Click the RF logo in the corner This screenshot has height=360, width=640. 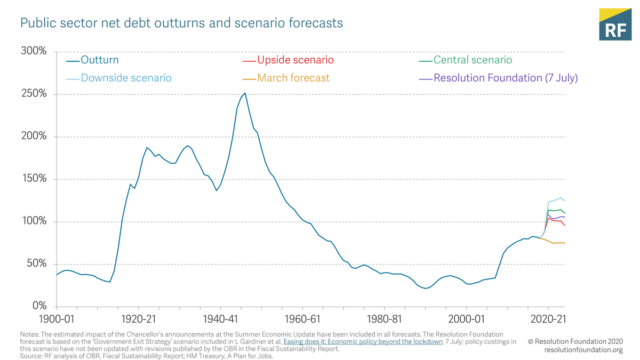point(615,25)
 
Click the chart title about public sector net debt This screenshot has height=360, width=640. point(181,23)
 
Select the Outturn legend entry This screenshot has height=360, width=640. point(99,60)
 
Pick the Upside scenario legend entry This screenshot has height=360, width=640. point(295,60)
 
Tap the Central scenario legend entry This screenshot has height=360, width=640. point(472,60)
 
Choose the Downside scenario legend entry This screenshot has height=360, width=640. point(126,78)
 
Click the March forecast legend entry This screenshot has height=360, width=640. point(293,78)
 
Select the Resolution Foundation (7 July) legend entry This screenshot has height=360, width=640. point(505,78)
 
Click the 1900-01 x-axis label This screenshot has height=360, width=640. point(57,319)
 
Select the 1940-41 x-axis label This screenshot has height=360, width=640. point(220,319)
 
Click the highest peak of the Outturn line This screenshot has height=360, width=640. point(245,93)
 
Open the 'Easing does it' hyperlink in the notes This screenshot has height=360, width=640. point(363,342)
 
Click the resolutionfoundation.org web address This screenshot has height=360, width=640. point(583,350)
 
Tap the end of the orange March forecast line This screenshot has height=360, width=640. point(564,243)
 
